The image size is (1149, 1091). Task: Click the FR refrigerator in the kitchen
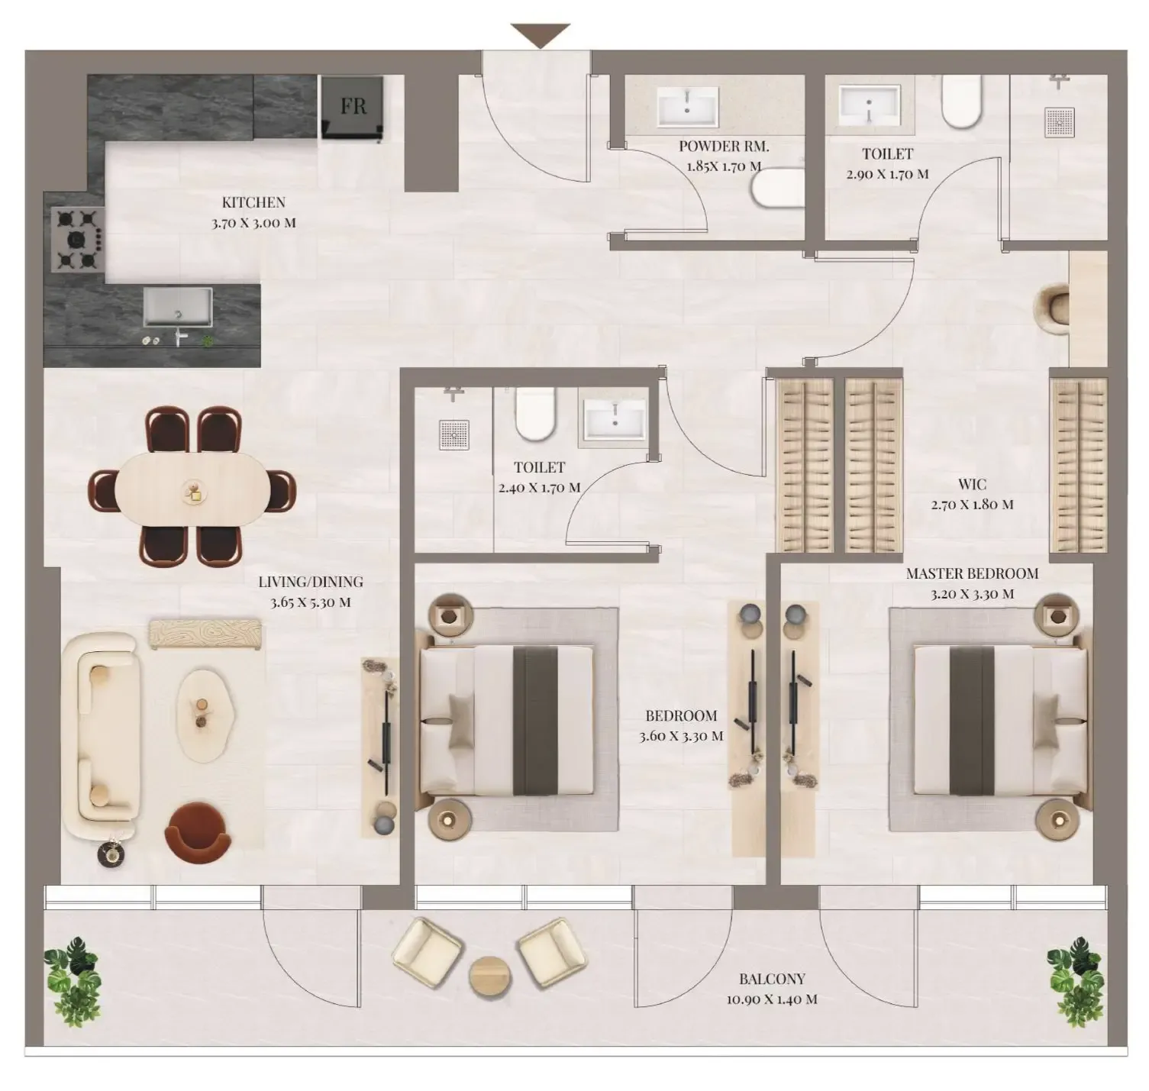click(352, 107)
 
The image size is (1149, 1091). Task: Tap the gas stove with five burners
click(77, 240)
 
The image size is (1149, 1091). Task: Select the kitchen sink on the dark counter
click(178, 307)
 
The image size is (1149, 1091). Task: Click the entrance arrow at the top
click(541, 34)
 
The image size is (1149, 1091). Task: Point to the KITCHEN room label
click(253, 202)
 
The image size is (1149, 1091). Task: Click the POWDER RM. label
click(723, 147)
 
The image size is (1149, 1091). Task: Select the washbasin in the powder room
click(688, 106)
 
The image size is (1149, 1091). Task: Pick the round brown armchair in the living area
click(198, 833)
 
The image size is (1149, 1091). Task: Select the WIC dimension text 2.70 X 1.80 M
click(972, 505)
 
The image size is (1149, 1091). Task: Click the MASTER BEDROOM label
click(972, 573)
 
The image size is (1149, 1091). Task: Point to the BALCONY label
click(772, 979)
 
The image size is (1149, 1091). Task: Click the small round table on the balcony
click(489, 976)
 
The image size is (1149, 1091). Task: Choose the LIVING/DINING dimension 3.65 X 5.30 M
click(310, 602)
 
